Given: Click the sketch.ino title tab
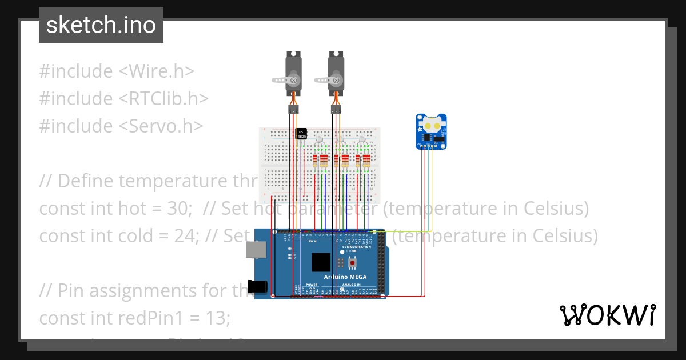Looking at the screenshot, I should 101,25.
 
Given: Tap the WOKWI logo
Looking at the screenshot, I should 607,315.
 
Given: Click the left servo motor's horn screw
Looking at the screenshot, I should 294,80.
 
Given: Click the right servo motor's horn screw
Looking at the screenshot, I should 337,80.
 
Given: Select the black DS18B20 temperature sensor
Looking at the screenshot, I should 301,133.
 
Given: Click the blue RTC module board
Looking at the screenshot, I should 431,131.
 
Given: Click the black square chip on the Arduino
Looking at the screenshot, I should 321,262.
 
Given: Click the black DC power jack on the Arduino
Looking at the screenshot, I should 258,286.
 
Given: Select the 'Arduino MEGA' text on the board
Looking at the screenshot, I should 345,277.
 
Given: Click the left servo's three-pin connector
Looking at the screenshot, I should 294,109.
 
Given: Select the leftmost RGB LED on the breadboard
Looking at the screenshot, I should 320,140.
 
